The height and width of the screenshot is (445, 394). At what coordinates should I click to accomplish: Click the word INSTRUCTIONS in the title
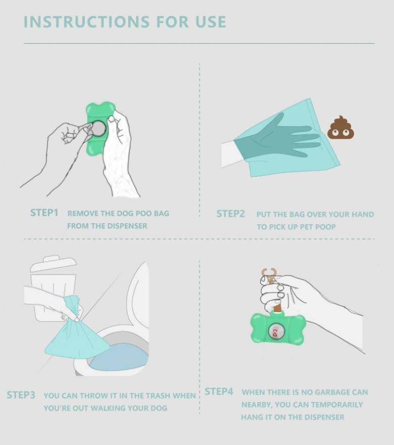[x=86, y=22]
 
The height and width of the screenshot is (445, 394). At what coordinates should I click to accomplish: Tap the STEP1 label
[x=44, y=213]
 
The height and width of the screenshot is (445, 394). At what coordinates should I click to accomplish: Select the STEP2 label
[x=231, y=214]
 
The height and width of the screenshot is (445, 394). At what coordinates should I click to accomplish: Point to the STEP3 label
[x=21, y=395]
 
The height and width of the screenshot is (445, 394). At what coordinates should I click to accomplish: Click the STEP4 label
[x=219, y=391]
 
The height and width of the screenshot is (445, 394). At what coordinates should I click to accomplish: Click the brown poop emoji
[x=341, y=127]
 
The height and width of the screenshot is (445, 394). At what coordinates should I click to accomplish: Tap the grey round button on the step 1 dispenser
[x=99, y=128]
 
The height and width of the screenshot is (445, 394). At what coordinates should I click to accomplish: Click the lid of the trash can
[x=53, y=263]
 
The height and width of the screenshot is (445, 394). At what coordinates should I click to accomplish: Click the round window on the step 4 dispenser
[x=276, y=331]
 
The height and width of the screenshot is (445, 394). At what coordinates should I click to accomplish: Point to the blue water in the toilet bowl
[x=119, y=358]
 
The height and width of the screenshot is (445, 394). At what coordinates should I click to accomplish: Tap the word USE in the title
[x=211, y=22]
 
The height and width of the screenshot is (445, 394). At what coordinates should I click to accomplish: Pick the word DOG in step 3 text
[x=159, y=408]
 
